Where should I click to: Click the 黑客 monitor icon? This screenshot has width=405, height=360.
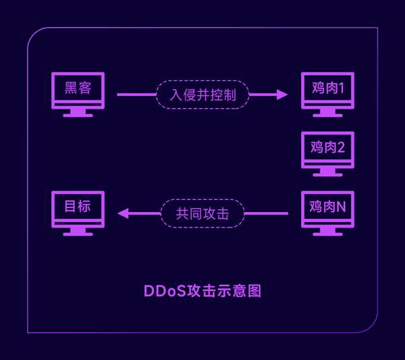[x=78, y=91]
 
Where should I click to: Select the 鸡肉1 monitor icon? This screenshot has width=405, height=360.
[x=327, y=91]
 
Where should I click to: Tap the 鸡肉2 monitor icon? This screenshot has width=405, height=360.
[x=327, y=150]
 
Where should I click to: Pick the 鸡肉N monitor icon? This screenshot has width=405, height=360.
[x=327, y=209]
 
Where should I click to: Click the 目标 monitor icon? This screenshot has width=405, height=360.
[x=78, y=209]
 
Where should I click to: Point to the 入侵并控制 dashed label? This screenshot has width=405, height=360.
[x=202, y=95]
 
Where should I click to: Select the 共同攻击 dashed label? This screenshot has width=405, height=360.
[x=202, y=213]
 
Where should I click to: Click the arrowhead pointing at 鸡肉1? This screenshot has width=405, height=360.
[x=282, y=95]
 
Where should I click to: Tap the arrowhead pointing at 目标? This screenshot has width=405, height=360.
[x=123, y=213]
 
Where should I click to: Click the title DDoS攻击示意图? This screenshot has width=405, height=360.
[x=202, y=291]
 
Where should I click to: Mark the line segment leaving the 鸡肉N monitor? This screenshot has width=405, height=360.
[x=266, y=213]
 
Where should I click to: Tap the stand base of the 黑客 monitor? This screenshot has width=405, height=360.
[x=78, y=115]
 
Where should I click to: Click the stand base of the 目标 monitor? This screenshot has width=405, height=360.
[x=78, y=234]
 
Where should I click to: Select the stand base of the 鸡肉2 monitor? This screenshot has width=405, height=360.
[x=327, y=174]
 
